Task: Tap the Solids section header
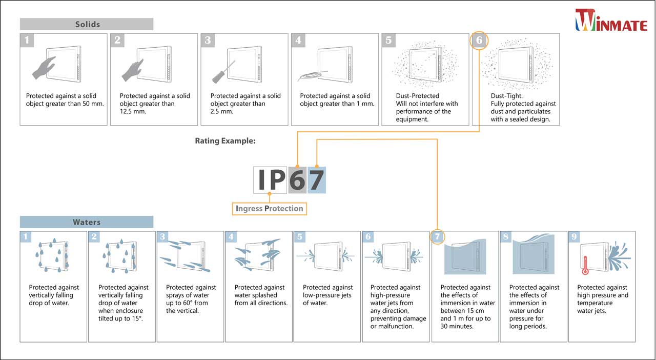(87, 24)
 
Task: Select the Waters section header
(87, 222)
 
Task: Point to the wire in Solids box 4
(307, 76)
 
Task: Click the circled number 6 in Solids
(479, 41)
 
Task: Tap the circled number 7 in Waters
(437, 237)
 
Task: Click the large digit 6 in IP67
(297, 180)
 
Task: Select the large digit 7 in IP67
(317, 180)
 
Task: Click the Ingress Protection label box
(269, 208)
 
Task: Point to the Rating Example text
(225, 141)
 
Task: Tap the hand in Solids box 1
(43, 68)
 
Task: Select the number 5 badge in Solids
(388, 41)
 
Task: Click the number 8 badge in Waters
(506, 237)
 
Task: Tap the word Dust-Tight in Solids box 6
(507, 96)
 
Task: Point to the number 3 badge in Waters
(163, 237)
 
